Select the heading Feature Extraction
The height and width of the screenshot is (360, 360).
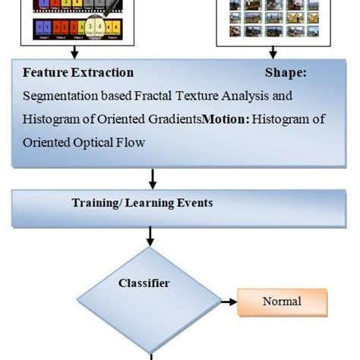tap(78, 73)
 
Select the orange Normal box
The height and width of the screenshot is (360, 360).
tap(282, 302)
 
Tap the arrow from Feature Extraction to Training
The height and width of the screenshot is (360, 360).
tap(153, 178)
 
